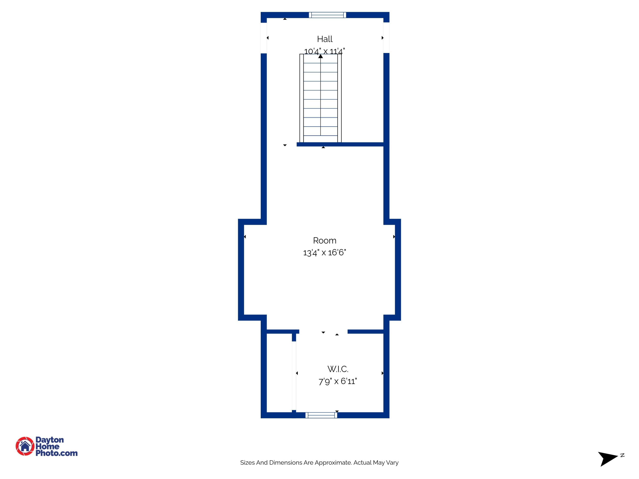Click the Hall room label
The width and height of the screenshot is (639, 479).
(325, 39)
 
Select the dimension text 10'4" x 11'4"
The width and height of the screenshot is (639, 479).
(324, 51)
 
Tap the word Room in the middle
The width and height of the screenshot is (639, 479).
(324, 241)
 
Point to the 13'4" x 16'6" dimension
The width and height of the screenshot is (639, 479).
(324, 253)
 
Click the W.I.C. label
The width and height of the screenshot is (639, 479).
(338, 369)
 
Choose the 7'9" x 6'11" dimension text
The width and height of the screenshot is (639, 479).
(338, 381)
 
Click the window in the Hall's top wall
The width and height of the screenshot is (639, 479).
(327, 15)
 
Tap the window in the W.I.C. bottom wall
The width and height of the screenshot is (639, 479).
(321, 415)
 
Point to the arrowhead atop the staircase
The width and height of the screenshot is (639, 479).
(320, 56)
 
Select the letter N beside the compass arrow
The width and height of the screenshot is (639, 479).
(623, 455)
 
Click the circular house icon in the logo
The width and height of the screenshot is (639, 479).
(25, 446)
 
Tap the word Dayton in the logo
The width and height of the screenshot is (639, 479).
(49, 440)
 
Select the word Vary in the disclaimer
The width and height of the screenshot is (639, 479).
(392, 463)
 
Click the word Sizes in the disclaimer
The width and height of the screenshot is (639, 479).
(247, 463)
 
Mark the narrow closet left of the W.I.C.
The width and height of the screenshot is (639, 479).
(279, 373)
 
